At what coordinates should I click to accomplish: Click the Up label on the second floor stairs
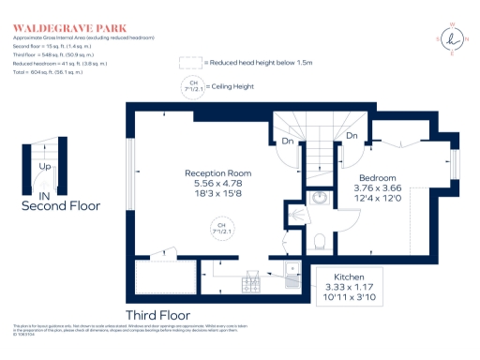click(x=44, y=168)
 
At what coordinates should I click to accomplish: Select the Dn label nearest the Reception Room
click(x=286, y=142)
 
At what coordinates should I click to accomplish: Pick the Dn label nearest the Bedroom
click(x=351, y=136)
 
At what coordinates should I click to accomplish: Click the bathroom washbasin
click(x=320, y=199)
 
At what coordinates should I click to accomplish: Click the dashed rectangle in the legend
click(x=190, y=63)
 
